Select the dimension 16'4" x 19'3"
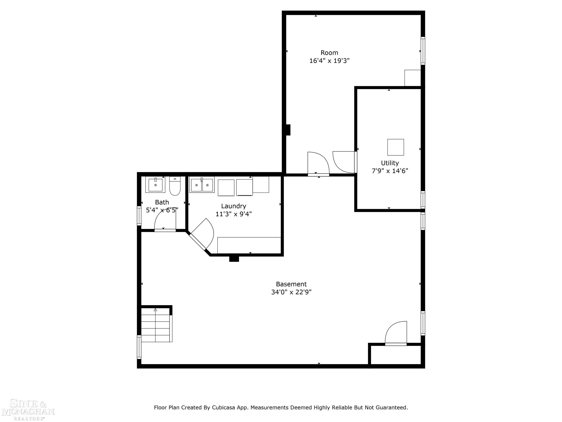(x=329, y=61)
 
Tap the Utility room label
(x=390, y=163)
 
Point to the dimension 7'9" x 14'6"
(x=390, y=171)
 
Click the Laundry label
(x=233, y=206)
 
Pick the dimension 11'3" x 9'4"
(x=233, y=214)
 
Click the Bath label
(x=162, y=202)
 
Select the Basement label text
(x=291, y=284)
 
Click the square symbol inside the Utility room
(x=395, y=147)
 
